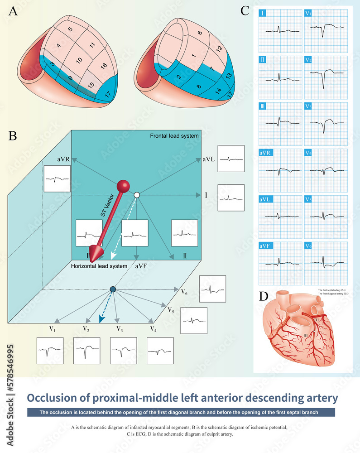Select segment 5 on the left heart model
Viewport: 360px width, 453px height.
[x=70, y=29]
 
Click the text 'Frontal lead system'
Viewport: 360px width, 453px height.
[x=174, y=136]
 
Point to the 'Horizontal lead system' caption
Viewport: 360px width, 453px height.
[x=99, y=266]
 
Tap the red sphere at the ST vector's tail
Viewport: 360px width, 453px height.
[x=123, y=186]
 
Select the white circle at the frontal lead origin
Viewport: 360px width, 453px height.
[x=136, y=195]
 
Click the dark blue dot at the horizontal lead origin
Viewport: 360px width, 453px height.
[x=113, y=289]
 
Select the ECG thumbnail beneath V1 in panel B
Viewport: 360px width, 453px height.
[x=50, y=351]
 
